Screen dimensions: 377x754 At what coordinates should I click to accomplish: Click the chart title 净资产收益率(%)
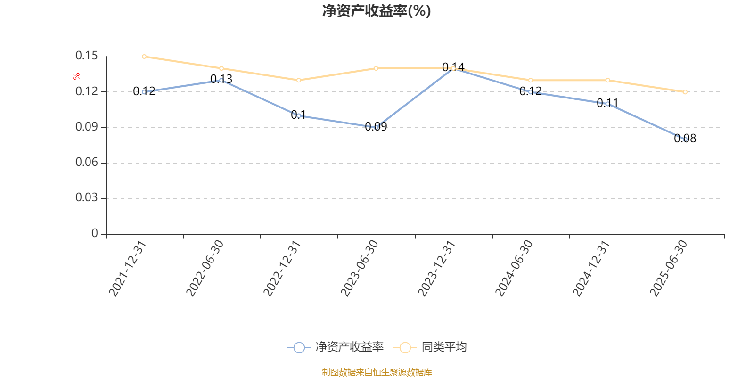(376, 11)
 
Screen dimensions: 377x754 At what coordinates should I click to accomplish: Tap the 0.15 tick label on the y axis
(87, 56)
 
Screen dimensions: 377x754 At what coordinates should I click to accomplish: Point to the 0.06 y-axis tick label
(87, 163)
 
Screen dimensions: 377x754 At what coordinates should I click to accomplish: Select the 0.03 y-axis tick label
(87, 198)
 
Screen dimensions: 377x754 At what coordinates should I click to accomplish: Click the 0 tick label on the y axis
(95, 233)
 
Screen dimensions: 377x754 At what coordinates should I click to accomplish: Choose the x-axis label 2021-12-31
(128, 269)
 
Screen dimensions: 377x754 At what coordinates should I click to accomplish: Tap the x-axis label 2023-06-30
(360, 269)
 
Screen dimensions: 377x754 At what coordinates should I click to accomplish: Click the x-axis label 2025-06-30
(669, 269)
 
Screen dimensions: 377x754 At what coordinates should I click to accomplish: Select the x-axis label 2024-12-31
(591, 269)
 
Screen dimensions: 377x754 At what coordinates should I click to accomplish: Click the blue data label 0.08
(685, 139)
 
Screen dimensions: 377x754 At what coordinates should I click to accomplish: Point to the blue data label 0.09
(376, 126)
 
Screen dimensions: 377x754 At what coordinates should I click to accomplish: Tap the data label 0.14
(453, 67)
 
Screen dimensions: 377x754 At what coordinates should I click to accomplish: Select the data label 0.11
(607, 103)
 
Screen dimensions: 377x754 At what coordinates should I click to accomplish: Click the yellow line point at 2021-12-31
(144, 57)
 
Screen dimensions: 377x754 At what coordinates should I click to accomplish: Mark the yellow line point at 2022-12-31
(299, 80)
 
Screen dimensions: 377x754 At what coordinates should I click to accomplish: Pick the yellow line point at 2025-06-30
(685, 92)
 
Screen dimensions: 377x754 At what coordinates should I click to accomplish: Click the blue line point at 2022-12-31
(299, 115)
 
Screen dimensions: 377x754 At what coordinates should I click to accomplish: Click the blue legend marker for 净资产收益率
(299, 348)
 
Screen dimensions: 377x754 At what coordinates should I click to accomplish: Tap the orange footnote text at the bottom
(377, 372)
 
